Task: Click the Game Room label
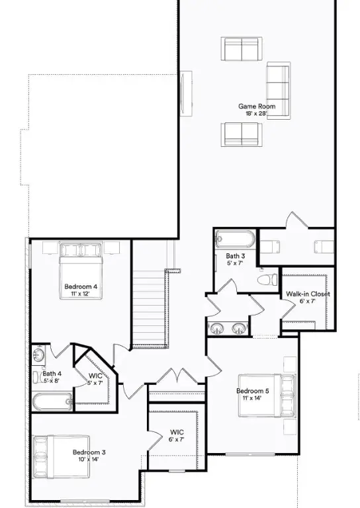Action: tap(257, 106)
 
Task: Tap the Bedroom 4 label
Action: tap(81, 286)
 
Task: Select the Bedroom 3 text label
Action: tap(89, 452)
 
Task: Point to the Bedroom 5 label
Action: tap(253, 391)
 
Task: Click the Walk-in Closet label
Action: tap(308, 294)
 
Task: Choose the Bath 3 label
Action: tap(236, 256)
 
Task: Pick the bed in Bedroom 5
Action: tap(283, 396)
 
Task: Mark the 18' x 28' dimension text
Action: tap(257, 114)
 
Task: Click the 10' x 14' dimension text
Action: tap(89, 459)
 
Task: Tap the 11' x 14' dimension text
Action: tap(253, 398)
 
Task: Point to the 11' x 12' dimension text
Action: tap(81, 293)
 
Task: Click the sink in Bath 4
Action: tap(38, 356)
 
